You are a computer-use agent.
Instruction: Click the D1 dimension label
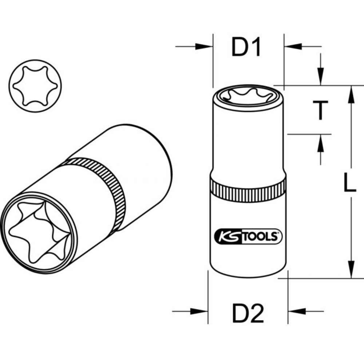tap(246, 48)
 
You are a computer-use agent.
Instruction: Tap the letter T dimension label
tap(320, 111)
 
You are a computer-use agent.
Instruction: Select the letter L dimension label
tap(349, 182)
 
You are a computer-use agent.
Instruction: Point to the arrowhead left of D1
tap(204, 47)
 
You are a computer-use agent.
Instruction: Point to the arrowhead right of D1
tap(292, 47)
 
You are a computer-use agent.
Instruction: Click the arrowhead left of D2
tap(200, 311)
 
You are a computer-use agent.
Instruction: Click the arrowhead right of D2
tap(296, 311)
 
